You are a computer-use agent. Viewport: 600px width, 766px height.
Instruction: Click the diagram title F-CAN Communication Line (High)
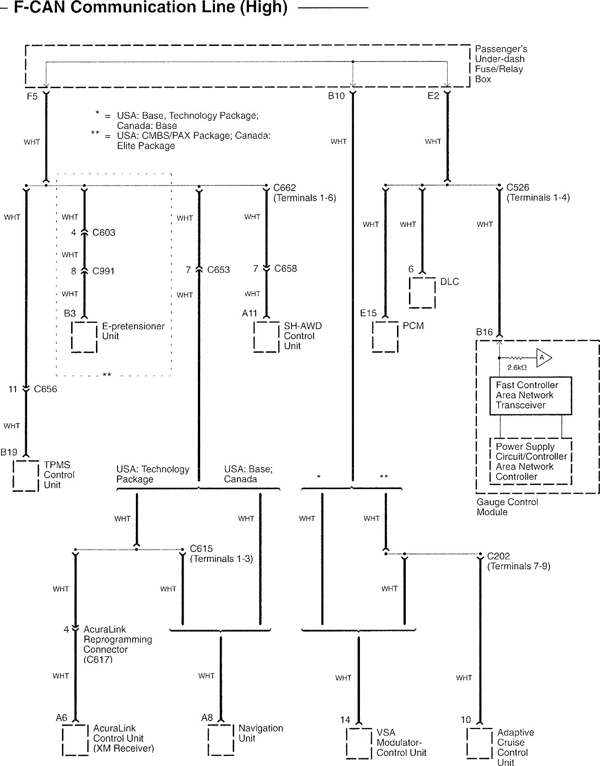click(x=151, y=7)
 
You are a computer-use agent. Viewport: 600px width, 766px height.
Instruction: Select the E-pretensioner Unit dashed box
click(x=84, y=337)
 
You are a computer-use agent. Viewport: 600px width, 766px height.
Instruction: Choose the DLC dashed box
click(x=422, y=292)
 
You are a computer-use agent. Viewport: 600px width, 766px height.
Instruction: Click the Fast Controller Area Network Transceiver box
click(x=531, y=395)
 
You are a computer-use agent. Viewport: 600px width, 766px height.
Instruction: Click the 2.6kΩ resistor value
click(x=516, y=367)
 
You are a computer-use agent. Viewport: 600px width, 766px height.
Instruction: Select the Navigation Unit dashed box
click(x=221, y=739)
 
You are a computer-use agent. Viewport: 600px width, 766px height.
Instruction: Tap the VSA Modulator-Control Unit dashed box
click(x=359, y=743)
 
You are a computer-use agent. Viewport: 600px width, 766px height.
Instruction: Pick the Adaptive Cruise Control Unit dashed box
click(x=480, y=743)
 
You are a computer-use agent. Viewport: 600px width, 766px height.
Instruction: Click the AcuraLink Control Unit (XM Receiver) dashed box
click(x=75, y=739)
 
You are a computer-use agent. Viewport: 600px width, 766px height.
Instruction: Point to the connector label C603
click(x=104, y=233)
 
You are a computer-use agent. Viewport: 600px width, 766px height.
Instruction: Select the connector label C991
click(x=104, y=271)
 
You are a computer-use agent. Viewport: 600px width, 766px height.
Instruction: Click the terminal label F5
click(x=32, y=96)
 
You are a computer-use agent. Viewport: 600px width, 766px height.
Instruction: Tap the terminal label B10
click(x=336, y=96)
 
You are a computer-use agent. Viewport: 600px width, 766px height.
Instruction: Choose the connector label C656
click(x=45, y=389)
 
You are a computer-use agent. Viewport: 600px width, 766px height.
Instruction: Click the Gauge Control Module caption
click(x=507, y=507)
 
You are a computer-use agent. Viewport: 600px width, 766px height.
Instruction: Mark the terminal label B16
click(x=484, y=332)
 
